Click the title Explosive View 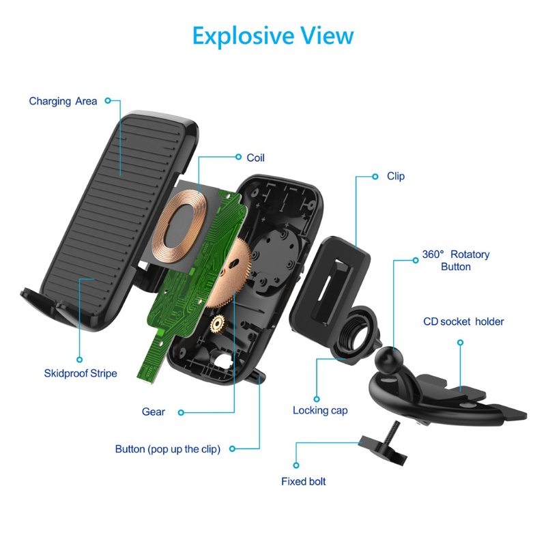tap(273, 35)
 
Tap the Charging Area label tap(63, 101)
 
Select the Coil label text tap(256, 158)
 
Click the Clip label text tap(396, 176)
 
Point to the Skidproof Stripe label tap(81, 373)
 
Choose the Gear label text tap(154, 412)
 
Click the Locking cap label tap(320, 410)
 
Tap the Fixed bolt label tap(304, 481)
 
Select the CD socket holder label tap(463, 321)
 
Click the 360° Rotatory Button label tap(455, 260)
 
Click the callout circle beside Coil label tap(238, 157)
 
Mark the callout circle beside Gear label tap(180, 412)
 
